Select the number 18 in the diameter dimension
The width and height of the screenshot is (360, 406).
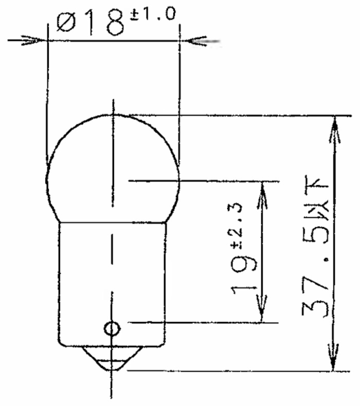[105, 23]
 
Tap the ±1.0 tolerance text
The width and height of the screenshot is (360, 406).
[153, 14]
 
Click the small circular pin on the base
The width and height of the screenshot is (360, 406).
[112, 329]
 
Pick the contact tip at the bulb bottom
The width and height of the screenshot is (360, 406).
[112, 359]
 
